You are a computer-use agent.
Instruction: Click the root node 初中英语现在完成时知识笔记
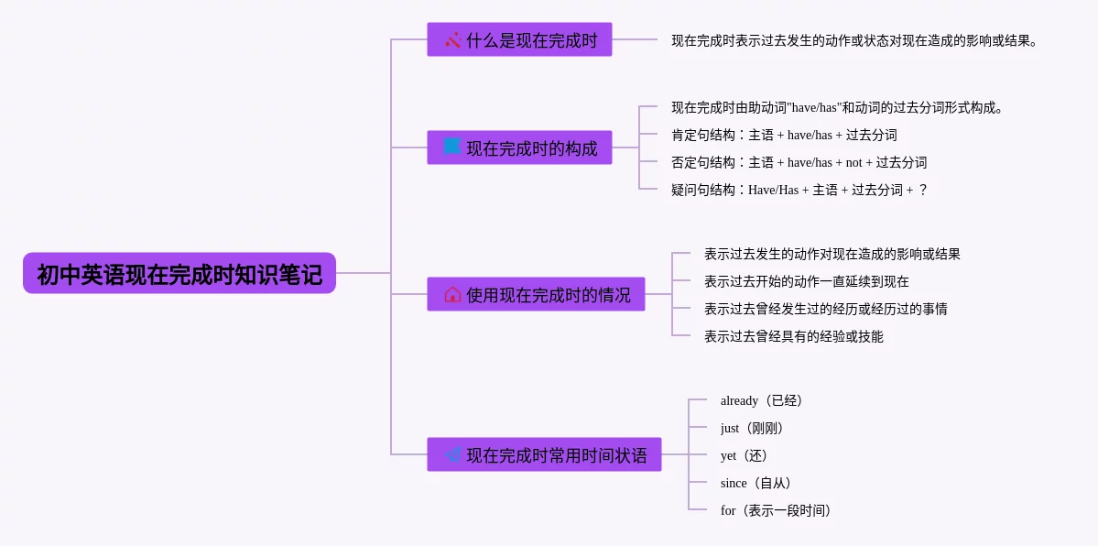pyautogui.click(x=179, y=274)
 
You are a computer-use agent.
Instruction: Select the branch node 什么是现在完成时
pyautogui.click(x=519, y=39)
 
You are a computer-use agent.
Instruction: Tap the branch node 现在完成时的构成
pyautogui.click(x=519, y=147)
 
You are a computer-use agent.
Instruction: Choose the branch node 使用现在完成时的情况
pyautogui.click(x=536, y=294)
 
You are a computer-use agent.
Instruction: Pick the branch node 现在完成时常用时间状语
pyautogui.click(x=544, y=454)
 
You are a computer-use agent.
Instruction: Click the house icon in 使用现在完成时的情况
pyautogui.click(x=452, y=294)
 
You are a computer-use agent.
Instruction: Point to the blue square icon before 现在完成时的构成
pyautogui.click(x=452, y=147)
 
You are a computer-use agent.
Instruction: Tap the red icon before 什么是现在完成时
pyautogui.click(x=452, y=39)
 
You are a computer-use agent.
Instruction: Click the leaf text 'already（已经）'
pyautogui.click(x=762, y=400)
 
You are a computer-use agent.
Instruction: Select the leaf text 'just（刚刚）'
pyautogui.click(x=753, y=428)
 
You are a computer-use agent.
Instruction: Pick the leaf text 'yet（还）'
pyautogui.click(x=745, y=455)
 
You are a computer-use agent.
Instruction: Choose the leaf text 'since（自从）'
pyautogui.click(x=756, y=483)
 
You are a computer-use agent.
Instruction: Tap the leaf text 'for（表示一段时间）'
pyautogui.click(x=776, y=510)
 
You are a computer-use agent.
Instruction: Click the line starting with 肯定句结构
pyautogui.click(x=784, y=135)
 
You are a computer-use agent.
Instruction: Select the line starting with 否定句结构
pyautogui.click(x=799, y=162)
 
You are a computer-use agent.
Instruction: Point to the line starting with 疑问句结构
pyautogui.click(x=799, y=190)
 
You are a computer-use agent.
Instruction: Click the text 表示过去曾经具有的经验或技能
pyautogui.click(x=793, y=336)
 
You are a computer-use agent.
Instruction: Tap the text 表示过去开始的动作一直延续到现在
pyautogui.click(x=806, y=281)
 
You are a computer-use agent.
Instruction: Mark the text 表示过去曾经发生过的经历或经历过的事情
pyautogui.click(x=825, y=309)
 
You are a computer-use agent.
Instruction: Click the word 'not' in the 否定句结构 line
pyautogui.click(x=853, y=163)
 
